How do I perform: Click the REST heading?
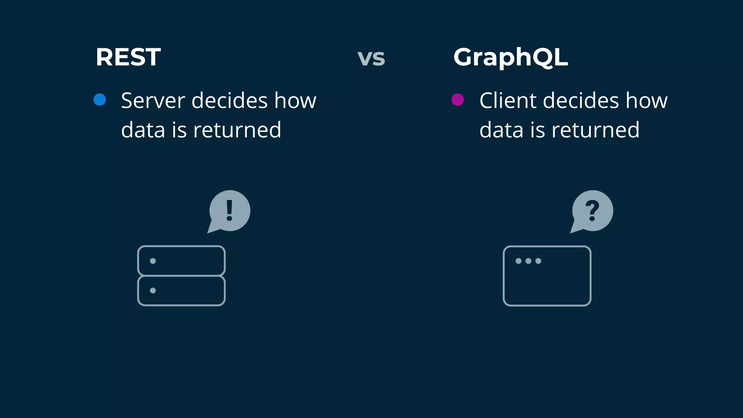(x=128, y=57)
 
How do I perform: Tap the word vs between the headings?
(x=371, y=58)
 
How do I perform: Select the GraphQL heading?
(x=510, y=57)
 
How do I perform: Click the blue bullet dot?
(x=100, y=99)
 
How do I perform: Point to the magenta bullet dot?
(x=457, y=99)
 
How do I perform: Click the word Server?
(x=153, y=101)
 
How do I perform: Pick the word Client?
(x=508, y=101)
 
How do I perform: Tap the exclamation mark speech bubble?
(x=229, y=211)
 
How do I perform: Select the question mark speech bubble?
(x=592, y=211)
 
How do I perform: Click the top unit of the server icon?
(x=181, y=261)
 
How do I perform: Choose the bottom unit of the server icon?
(x=181, y=291)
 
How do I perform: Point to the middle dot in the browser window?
(x=528, y=261)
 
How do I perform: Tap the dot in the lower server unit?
(x=153, y=291)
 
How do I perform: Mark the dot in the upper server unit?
(x=153, y=261)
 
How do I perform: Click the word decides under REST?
(x=229, y=101)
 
